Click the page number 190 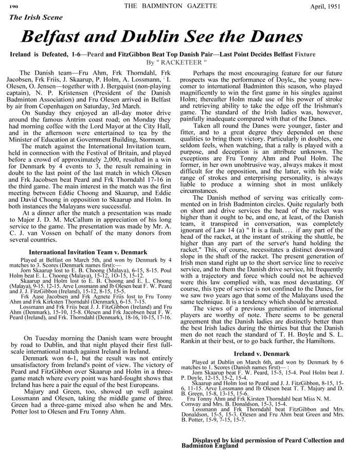point(13,6)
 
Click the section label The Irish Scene point(36,17)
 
